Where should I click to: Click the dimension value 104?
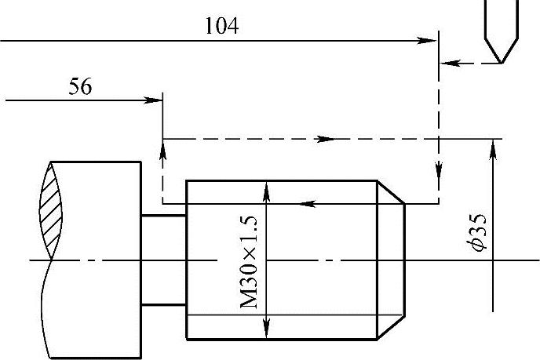pos(222,26)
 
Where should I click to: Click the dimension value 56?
pos(80,86)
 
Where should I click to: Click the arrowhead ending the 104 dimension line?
pos(429,39)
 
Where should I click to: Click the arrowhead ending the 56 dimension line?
pos(155,100)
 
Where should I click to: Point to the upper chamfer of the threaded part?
pos(392,192)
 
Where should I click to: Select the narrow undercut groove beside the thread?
pos(163,260)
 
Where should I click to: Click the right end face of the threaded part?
pos(405,260)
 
